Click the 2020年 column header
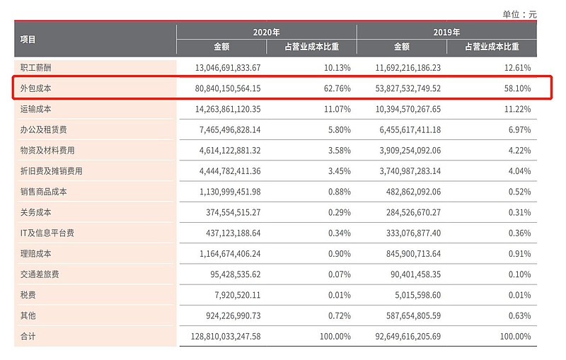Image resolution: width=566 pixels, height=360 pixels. tap(266, 32)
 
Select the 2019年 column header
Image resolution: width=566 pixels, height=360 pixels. tap(446, 32)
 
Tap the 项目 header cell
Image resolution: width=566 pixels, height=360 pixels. tap(28, 40)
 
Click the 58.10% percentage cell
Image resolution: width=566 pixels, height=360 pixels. tap(516, 88)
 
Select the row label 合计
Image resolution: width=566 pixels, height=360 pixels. tap(28, 337)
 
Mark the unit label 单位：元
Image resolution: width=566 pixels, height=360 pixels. tap(519, 13)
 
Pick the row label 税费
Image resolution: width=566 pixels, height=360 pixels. tap(28, 295)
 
